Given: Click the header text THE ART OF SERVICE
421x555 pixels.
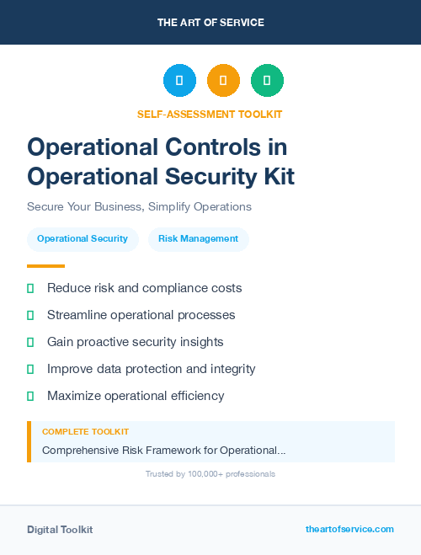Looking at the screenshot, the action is [x=210, y=23].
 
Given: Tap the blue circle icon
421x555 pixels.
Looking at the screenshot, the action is [x=179, y=81].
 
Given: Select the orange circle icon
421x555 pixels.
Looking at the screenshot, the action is [x=223, y=81].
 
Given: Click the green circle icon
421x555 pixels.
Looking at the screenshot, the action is [x=267, y=81].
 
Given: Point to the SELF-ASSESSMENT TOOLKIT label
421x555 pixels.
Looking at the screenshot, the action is [x=210, y=114].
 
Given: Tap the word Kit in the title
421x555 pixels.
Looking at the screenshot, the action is [x=276, y=176].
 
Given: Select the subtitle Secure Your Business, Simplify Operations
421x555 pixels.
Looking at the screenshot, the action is [x=139, y=206].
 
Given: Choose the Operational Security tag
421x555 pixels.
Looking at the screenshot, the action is [x=83, y=239].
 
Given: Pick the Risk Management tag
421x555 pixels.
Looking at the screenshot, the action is [x=199, y=239].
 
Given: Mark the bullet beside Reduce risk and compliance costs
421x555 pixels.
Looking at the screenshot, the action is [x=30, y=288].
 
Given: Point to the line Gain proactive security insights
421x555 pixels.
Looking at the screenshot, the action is [x=135, y=342].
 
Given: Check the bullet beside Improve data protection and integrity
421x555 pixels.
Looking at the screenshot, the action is [x=30, y=369].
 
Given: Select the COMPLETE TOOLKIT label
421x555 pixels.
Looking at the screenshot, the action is [x=85, y=432].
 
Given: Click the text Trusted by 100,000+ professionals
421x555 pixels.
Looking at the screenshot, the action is [x=210, y=474].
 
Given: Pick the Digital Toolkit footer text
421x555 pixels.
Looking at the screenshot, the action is [x=60, y=530].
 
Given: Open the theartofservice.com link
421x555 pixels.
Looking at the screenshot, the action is [x=349, y=529].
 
